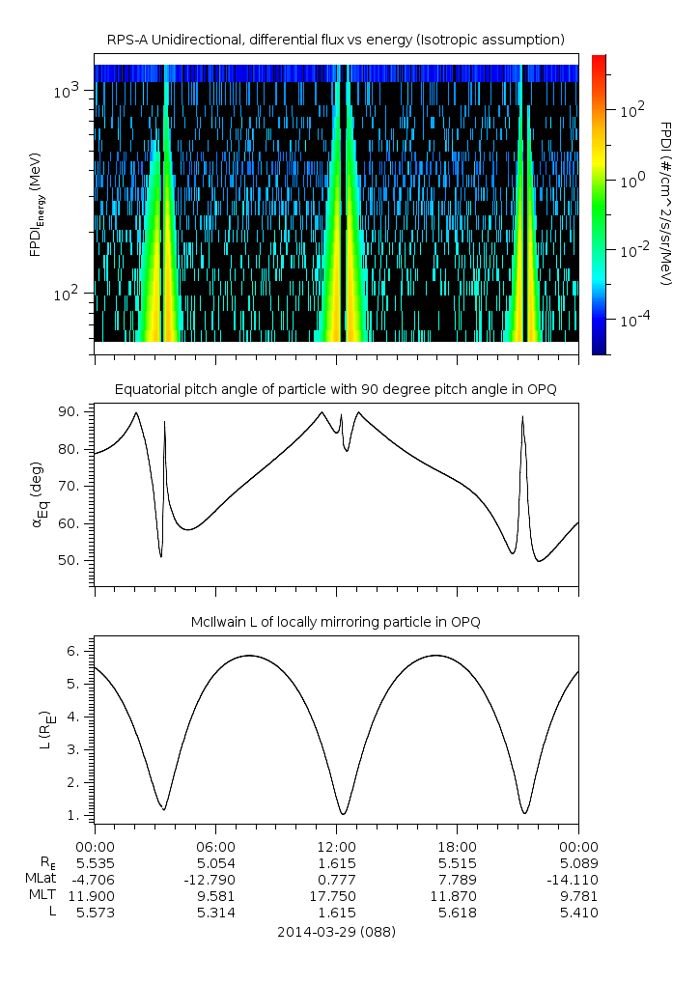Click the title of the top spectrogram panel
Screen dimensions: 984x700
[336, 39]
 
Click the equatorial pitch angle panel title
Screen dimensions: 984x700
[336, 389]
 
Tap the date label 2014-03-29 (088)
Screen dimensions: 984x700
[336, 932]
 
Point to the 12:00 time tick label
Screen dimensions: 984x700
[336, 845]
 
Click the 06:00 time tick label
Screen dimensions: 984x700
[215, 845]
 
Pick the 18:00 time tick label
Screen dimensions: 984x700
[457, 845]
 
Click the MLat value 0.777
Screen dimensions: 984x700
[336, 879]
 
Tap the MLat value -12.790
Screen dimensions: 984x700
[215, 879]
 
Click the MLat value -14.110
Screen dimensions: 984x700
[577, 879]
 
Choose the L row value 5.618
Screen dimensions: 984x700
[457, 913]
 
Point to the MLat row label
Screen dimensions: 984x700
[42, 879]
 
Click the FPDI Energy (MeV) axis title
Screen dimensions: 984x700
[37, 203]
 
